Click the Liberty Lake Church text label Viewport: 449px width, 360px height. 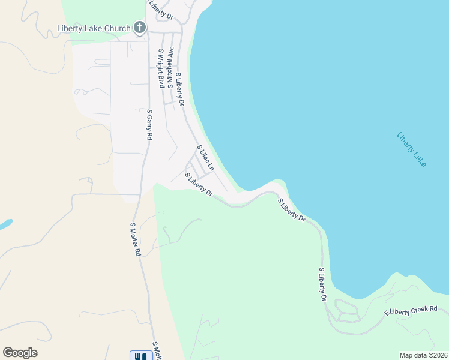94,28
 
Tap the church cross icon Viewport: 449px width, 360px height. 140,27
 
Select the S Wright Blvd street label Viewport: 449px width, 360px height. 161,68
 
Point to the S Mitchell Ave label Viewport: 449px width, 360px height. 170,67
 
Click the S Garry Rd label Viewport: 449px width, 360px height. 149,124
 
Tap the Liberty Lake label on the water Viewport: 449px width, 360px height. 411,149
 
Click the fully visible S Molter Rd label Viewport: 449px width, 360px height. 135,239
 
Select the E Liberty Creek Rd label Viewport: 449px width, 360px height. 411,311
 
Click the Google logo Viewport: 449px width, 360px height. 20,353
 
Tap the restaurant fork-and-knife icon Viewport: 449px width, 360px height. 140,355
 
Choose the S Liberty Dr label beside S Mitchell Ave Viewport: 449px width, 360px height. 179,89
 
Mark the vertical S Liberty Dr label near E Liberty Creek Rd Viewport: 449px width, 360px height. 322,285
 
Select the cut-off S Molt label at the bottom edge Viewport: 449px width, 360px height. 157,352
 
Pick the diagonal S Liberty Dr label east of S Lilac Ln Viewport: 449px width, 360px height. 292,210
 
